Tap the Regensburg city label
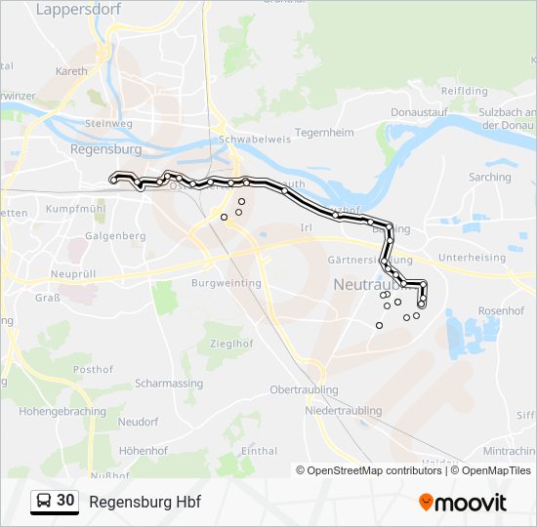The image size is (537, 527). tap(105, 150)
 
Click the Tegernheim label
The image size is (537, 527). tap(323, 132)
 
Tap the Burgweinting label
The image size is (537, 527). tap(226, 283)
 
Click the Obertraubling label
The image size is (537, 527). tap(304, 389)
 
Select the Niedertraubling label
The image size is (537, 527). tap(343, 411)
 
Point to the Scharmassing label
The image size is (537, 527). tap(169, 384)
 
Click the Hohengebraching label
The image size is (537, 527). tap(62, 411)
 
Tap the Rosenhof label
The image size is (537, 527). tap(502, 310)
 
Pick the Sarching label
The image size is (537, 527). tap(489, 178)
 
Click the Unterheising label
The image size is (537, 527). tap(473, 258)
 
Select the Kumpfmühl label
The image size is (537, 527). tap(74, 209)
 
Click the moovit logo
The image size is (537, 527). tap(463, 503)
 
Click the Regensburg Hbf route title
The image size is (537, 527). tap(145, 502)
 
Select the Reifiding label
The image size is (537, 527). tap(464, 91)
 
